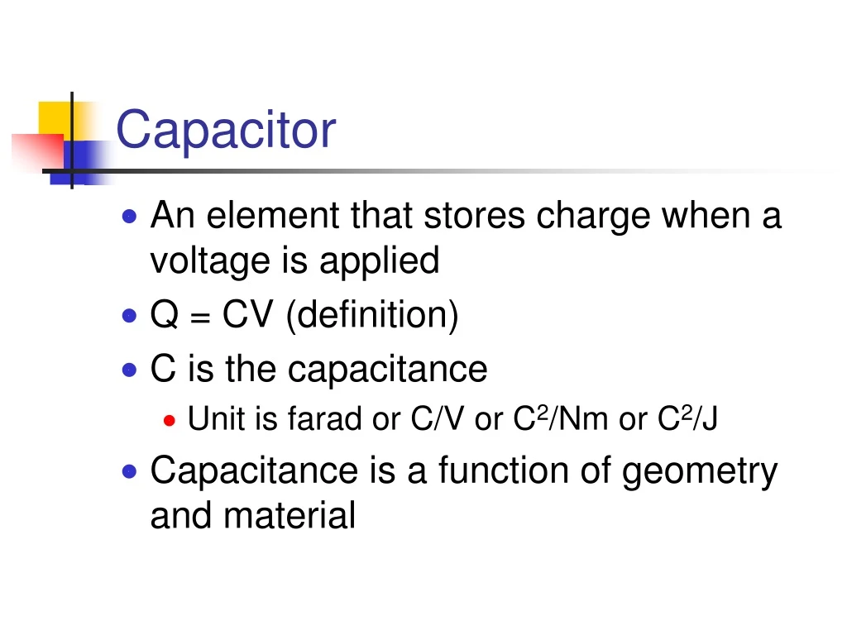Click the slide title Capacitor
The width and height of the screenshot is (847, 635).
click(x=226, y=130)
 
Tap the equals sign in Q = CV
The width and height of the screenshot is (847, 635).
click(x=199, y=317)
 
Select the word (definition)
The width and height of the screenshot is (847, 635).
click(x=371, y=316)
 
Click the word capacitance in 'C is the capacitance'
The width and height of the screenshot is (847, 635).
click(x=388, y=370)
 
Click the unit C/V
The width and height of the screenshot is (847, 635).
click(x=438, y=420)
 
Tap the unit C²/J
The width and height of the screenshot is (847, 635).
click(x=688, y=420)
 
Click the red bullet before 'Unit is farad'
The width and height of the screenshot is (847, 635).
click(x=170, y=421)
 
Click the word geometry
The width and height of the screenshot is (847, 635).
click(x=700, y=472)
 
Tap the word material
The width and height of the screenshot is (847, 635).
click(x=290, y=516)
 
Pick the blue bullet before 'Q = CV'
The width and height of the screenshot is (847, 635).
click(x=129, y=316)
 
